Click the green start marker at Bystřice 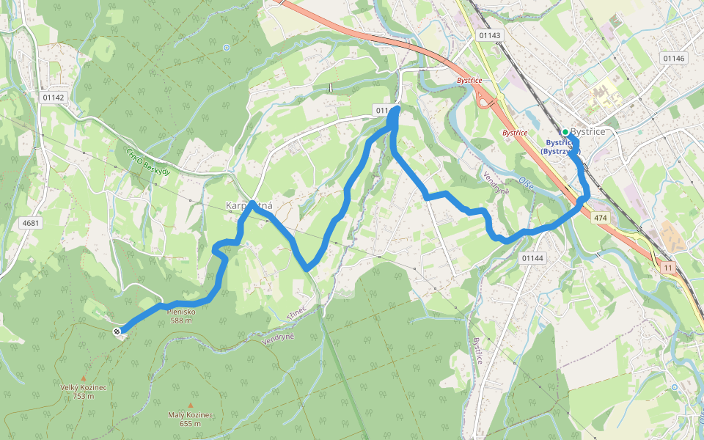tap(565, 132)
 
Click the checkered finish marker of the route tap(117, 332)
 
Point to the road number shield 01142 tap(54, 98)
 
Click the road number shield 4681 tap(31, 222)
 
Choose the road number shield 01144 tap(532, 258)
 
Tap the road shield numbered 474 tap(601, 218)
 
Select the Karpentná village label tap(249, 205)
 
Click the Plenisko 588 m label tap(180, 315)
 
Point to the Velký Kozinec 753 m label tap(83, 391)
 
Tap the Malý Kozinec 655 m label tap(190, 418)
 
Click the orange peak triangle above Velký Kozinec tap(83, 378)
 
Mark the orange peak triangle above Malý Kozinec tap(191, 405)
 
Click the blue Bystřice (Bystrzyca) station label tap(561, 146)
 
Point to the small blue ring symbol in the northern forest tap(227, 48)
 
